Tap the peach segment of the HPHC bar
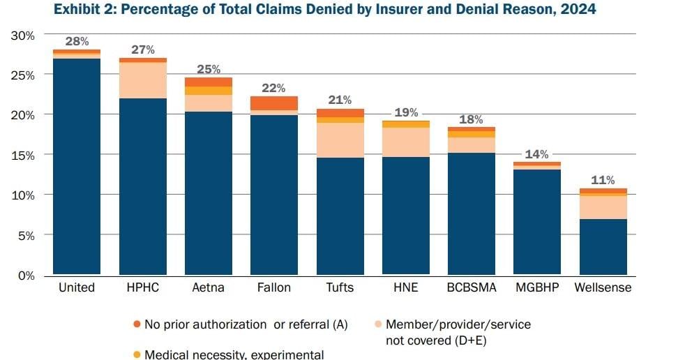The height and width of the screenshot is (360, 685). (x=143, y=80)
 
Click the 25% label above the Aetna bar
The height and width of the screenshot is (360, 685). (x=208, y=69)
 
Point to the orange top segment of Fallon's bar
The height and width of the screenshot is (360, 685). (x=274, y=103)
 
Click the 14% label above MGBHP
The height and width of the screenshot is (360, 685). (x=536, y=154)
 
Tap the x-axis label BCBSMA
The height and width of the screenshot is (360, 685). (x=471, y=287)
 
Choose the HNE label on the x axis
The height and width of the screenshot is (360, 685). (x=405, y=287)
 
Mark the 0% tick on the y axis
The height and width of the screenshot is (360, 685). (x=27, y=276)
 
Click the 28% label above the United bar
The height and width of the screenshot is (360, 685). (x=77, y=42)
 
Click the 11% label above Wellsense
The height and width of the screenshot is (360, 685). (x=602, y=180)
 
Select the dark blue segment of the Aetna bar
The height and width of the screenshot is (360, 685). (x=208, y=193)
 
